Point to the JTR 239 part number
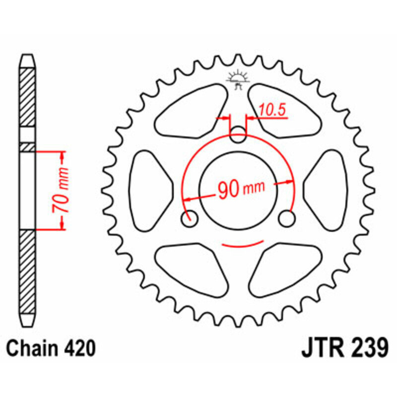click(x=343, y=349)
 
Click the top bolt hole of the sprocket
click(x=239, y=134)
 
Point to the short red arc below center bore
click(x=243, y=245)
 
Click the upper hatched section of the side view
click(x=27, y=97)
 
